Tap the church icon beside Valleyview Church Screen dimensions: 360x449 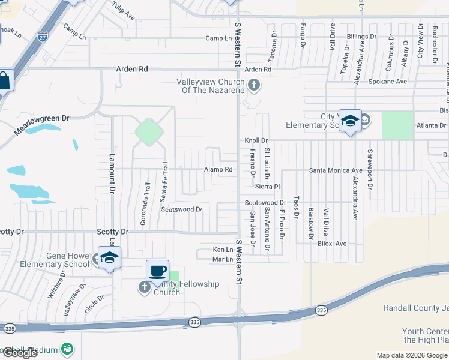pos(254,85)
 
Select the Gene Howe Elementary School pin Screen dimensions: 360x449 pos(109,259)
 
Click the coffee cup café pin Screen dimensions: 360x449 pos(158,272)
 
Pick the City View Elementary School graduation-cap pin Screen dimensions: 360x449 pos(349,122)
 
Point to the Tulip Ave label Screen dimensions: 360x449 pos(124,13)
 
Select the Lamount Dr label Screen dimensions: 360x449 pos(112,174)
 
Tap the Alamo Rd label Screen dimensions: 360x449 pos(218,170)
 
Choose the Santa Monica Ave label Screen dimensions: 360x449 pos(336,170)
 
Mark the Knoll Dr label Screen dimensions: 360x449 pos(256,140)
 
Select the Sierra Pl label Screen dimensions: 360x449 pos(268,187)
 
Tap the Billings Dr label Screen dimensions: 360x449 pos(361,37)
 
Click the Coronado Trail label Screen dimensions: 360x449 pos(145,204)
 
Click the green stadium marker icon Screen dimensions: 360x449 pos(67,349)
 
